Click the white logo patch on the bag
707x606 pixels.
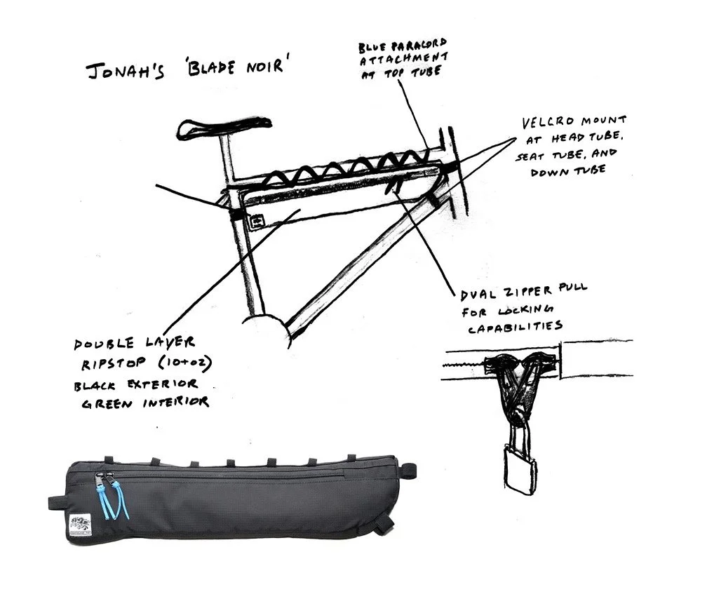[80, 522]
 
